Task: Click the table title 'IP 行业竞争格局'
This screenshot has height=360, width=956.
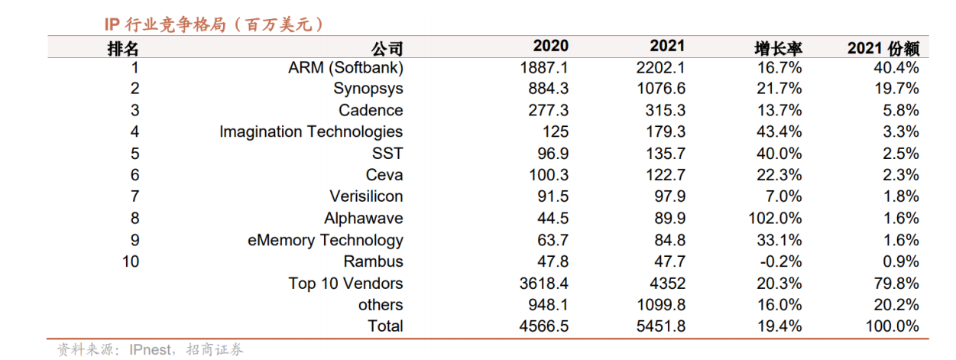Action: pyautogui.click(x=165, y=24)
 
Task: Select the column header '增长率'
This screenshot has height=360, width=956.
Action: pyautogui.click(x=778, y=48)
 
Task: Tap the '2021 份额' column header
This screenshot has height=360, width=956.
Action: pyautogui.click(x=883, y=48)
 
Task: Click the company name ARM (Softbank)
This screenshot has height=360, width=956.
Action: pyautogui.click(x=345, y=68)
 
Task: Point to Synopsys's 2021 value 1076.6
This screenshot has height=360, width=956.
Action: pyautogui.click(x=661, y=89)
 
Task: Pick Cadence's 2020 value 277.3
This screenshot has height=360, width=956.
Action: pyautogui.click(x=549, y=110)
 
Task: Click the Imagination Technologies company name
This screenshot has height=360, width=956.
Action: pyautogui.click(x=311, y=132)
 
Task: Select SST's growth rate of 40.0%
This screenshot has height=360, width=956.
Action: pyautogui.click(x=779, y=154)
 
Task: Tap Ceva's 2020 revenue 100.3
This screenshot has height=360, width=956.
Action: pyautogui.click(x=549, y=175)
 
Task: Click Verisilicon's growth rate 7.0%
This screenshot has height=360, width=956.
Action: pyautogui.click(x=783, y=196)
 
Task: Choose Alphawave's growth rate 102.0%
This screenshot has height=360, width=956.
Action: pyautogui.click(x=775, y=219)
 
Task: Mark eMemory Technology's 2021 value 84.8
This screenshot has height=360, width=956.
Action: pyautogui.click(x=670, y=240)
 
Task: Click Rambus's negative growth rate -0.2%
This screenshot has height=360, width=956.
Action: pyautogui.click(x=781, y=261)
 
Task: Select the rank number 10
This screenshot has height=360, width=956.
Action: pyautogui.click(x=131, y=261)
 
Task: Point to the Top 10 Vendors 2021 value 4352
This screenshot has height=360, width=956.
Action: pyautogui.click(x=667, y=283)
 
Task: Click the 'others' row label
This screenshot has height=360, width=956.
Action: pyautogui.click(x=381, y=304)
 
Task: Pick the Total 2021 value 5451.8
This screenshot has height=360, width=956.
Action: pyautogui.click(x=661, y=326)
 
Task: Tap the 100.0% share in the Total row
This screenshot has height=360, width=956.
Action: pyautogui.click(x=893, y=326)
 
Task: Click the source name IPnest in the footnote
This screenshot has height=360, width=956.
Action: pyautogui.click(x=151, y=350)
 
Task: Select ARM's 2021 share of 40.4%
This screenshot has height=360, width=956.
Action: pyautogui.click(x=896, y=67)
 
